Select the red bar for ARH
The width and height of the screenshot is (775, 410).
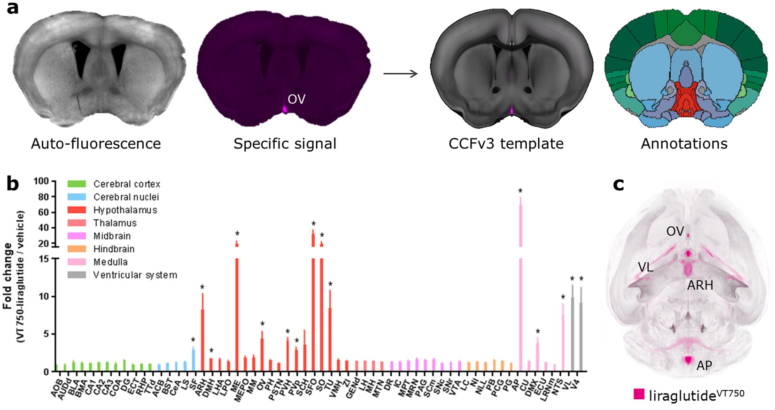click(x=202, y=338)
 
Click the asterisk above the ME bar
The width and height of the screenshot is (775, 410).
click(x=237, y=234)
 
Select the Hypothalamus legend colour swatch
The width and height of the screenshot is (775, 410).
click(x=77, y=210)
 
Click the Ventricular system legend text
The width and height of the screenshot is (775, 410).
click(x=135, y=275)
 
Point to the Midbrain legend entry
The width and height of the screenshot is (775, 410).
click(x=112, y=236)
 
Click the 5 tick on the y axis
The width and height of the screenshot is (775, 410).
click(x=46, y=334)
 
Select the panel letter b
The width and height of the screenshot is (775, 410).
click(x=12, y=184)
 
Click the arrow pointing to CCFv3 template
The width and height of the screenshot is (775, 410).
click(x=400, y=73)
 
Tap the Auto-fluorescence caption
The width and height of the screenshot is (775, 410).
click(x=96, y=143)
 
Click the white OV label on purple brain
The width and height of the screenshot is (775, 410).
click(x=296, y=99)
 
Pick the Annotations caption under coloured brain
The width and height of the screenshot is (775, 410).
click(x=684, y=143)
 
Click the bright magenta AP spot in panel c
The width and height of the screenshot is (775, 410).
click(x=689, y=360)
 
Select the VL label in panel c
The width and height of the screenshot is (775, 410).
click(x=645, y=267)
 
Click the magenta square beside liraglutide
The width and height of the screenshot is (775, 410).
click(x=639, y=395)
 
